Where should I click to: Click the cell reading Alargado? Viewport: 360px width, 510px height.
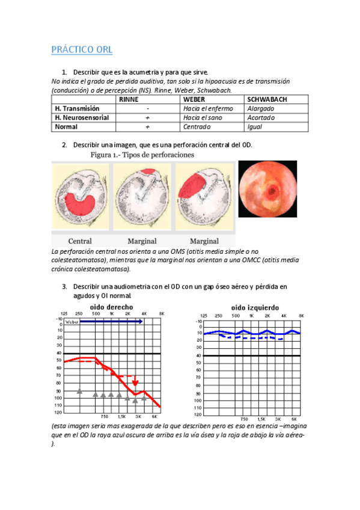261,109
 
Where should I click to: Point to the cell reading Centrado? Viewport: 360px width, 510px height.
197,127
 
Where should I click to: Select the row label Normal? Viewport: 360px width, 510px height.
66,127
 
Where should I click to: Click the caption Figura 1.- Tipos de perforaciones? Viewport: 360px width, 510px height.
142,155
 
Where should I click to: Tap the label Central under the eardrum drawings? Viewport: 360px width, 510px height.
80,241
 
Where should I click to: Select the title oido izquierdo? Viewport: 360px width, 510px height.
252,307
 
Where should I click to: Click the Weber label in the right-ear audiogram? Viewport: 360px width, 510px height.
72,322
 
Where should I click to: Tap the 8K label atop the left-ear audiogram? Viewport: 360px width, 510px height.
301,315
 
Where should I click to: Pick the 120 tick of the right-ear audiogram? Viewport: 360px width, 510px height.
58,413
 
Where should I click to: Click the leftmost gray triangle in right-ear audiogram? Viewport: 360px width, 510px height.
80,391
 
